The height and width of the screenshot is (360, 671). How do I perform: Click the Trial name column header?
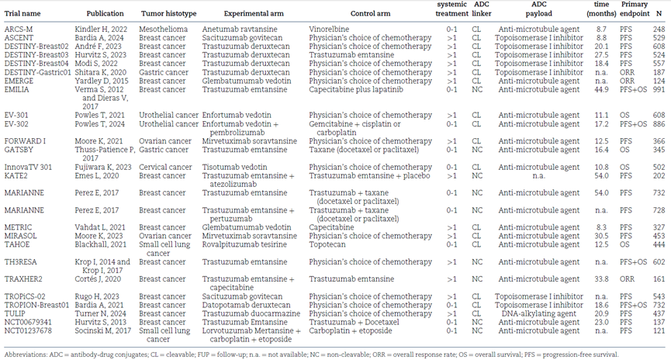pos(22,13)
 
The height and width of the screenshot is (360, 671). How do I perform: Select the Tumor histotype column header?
pos(168,13)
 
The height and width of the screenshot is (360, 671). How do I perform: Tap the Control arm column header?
pos(370,13)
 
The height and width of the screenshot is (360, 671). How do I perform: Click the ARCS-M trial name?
pos(19,29)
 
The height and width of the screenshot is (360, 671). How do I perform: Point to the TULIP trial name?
pos(15,313)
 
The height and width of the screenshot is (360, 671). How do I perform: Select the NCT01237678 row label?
pos(28,331)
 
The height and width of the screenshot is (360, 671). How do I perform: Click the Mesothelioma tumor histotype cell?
pos(163,29)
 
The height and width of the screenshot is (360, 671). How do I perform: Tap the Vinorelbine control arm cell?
pos(329,29)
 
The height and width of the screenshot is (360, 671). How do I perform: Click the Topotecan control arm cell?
pos(327,244)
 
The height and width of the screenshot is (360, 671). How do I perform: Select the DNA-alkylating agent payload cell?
pos(539,313)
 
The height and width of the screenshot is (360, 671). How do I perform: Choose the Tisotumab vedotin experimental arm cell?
pos(234,167)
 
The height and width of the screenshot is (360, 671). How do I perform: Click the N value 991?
pos(659,89)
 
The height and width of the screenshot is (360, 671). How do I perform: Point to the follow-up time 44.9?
pos(601,89)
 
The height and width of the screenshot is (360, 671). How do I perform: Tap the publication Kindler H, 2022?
pos(101,29)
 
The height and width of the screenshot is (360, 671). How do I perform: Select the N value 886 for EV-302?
pos(659,123)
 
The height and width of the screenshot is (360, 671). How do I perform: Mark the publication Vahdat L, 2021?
pos(100,227)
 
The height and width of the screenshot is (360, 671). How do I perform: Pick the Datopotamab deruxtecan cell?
pos(246,305)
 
